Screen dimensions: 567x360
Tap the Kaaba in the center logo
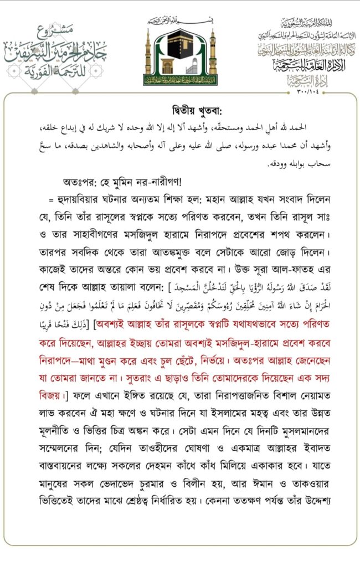[179, 50]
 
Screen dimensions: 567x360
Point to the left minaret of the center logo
[148, 53]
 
